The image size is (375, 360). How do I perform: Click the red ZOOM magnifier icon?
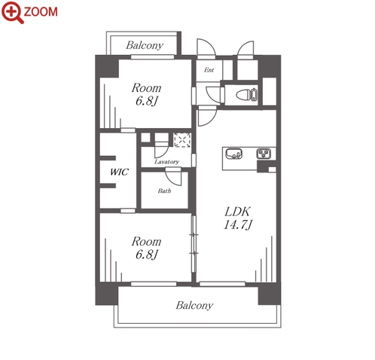[x=12, y=12]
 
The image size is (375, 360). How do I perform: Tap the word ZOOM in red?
[x=41, y=12]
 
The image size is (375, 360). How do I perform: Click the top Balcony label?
[x=145, y=45]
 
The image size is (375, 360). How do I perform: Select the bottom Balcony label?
[x=194, y=306]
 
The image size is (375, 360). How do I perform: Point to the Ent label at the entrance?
[x=209, y=70]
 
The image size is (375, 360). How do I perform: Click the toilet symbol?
[x=247, y=95]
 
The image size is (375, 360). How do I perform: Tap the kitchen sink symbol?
[x=234, y=154]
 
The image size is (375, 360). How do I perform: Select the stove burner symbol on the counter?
[x=264, y=154]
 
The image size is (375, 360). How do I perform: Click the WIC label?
[x=119, y=172]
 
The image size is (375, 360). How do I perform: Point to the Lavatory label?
[x=166, y=162]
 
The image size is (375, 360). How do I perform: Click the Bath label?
[x=164, y=191]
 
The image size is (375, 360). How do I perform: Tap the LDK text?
[x=237, y=212]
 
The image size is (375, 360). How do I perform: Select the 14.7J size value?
[x=237, y=224]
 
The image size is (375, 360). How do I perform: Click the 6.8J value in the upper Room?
[x=147, y=101]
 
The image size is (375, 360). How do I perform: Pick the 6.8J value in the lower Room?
[x=147, y=255]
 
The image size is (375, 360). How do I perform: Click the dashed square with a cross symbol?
[x=182, y=140]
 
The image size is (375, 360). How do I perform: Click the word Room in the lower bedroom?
[x=147, y=242]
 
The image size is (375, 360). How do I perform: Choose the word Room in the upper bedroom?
[x=147, y=88]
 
